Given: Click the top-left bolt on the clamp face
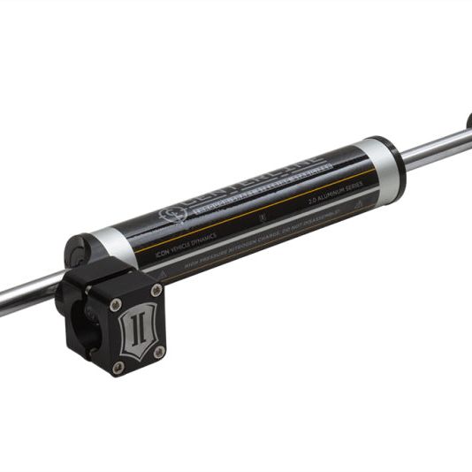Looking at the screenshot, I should pos(116,304).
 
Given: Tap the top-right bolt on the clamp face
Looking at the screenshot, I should pos(156,290).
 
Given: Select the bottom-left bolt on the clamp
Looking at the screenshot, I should pos(118,366).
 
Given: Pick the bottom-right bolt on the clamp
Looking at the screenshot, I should pos(160,351).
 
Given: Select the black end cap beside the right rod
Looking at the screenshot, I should pos(398,164).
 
